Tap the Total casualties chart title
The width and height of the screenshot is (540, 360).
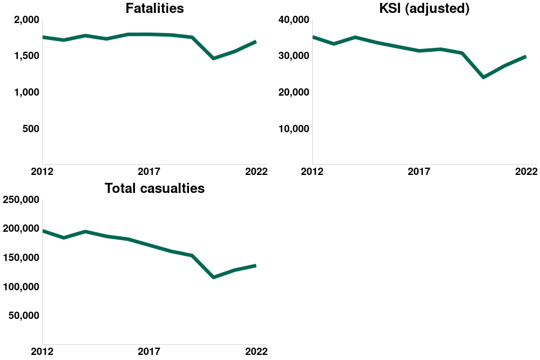click(155, 188)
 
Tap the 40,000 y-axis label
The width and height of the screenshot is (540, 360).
click(294, 20)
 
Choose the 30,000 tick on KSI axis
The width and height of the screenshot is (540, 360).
click(294, 56)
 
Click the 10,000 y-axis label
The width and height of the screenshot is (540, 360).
click(294, 128)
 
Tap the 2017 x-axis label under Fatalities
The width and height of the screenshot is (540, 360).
click(149, 171)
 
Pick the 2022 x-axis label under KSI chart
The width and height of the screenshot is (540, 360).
click(526, 171)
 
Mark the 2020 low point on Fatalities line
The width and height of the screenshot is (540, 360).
click(213, 58)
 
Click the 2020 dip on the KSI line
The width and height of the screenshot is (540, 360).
click(483, 77)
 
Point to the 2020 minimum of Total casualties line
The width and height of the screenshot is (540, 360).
click(213, 277)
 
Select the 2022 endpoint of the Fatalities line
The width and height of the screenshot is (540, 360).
click(256, 42)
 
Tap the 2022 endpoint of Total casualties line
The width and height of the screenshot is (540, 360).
click(256, 265)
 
